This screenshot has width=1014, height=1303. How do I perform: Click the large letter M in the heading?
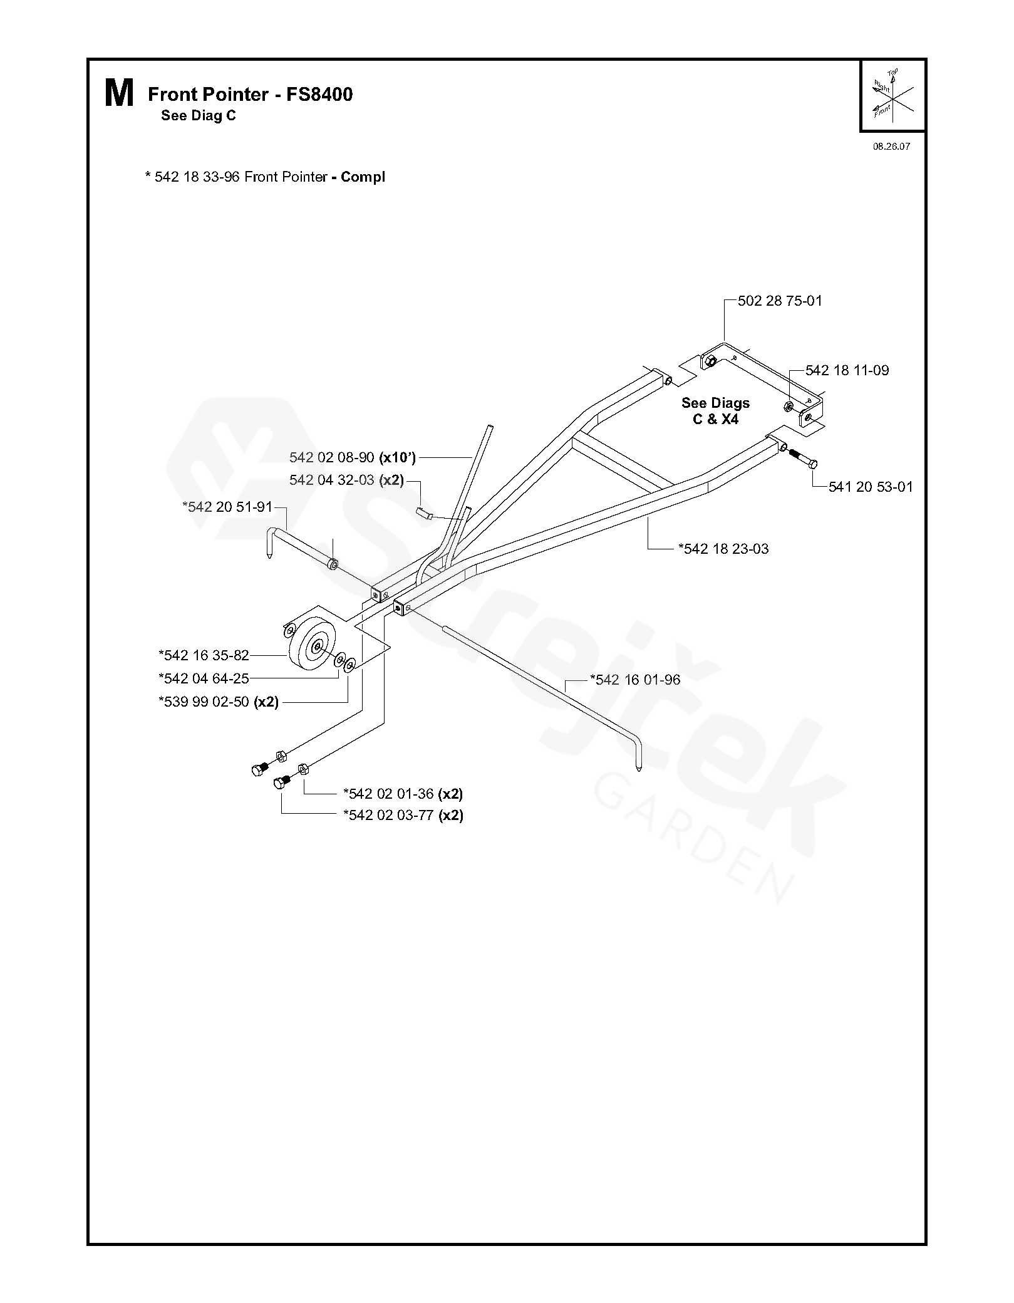click(119, 95)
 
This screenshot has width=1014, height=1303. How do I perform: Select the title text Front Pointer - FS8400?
click(250, 95)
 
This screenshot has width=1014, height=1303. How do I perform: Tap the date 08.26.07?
click(891, 147)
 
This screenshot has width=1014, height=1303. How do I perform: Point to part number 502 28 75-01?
click(780, 301)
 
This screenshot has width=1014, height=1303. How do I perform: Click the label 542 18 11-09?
click(847, 370)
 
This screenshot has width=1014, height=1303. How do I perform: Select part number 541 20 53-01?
click(871, 487)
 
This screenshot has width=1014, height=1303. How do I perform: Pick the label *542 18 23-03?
click(723, 549)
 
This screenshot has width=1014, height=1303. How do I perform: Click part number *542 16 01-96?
click(635, 680)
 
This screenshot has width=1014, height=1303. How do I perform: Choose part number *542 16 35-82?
click(204, 655)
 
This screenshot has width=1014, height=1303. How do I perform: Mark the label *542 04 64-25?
click(204, 678)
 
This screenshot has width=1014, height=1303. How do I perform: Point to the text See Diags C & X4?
click(715, 411)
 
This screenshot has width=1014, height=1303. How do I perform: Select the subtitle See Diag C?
click(198, 116)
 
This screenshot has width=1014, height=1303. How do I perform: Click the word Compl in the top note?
click(363, 177)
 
